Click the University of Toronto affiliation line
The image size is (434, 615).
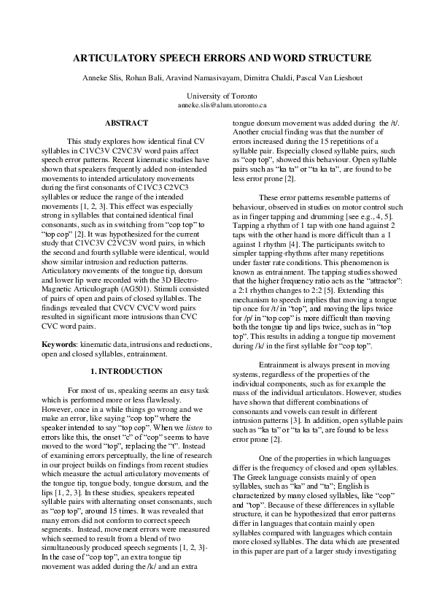coord(217,96)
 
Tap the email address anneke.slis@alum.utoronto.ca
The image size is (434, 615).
coord(217,105)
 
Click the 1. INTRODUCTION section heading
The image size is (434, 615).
coord(126,372)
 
